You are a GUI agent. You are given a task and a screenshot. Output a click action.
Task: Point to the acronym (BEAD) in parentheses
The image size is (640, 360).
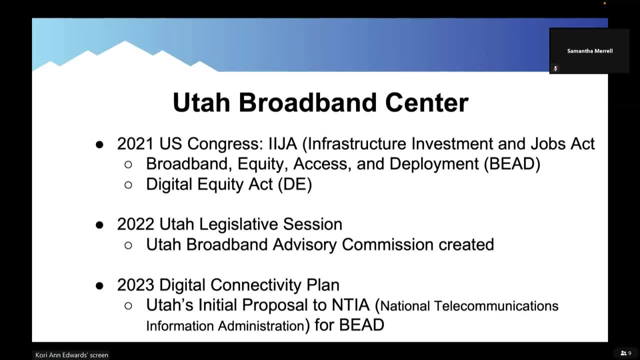(x=512, y=164)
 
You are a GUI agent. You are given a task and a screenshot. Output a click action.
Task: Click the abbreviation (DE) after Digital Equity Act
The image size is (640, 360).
(x=294, y=184)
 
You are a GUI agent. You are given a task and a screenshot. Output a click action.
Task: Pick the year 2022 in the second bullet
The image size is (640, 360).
(x=136, y=224)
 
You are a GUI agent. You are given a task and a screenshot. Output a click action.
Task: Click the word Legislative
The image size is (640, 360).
(x=239, y=224)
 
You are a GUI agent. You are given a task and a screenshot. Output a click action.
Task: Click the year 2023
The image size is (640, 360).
(x=136, y=285)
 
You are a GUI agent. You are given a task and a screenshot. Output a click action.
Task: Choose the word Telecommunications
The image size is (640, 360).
(x=496, y=306)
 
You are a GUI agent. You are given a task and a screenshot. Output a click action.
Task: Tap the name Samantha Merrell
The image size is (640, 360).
(x=589, y=51)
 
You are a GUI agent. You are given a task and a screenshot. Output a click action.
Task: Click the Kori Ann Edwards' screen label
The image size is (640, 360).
(x=71, y=355)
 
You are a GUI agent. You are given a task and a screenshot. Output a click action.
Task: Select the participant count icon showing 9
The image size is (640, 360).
(x=625, y=353)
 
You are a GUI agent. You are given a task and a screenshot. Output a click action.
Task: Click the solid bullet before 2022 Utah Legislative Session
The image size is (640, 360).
(x=99, y=225)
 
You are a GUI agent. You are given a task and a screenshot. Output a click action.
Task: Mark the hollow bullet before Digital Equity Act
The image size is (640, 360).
(x=128, y=185)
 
